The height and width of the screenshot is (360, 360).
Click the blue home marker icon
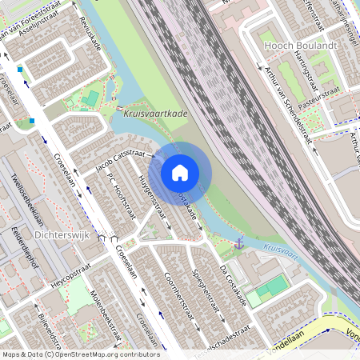click(180, 172)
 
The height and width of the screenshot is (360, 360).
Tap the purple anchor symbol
click(238, 242)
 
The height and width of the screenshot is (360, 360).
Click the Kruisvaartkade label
click(156, 114)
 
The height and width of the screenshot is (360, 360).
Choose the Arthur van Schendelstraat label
click(287, 104)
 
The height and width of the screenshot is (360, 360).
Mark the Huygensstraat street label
click(151, 196)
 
